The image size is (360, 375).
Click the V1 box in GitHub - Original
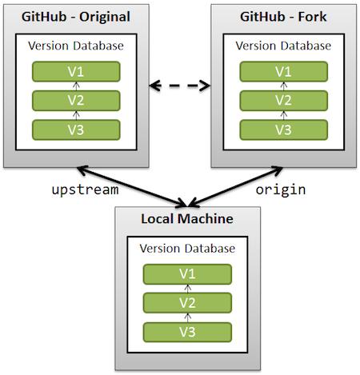tap(75, 72)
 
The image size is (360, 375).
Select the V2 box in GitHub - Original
tap(75, 101)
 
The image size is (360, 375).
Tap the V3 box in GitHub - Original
tap(75, 130)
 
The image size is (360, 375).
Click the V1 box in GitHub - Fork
tap(283, 72)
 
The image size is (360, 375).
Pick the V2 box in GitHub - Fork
tap(283, 101)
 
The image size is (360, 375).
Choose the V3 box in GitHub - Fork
tap(283, 130)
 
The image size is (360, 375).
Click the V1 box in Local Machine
tap(187, 274)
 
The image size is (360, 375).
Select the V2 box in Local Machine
tap(187, 303)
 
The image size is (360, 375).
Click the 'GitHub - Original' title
tap(75, 17)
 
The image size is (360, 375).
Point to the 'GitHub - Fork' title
tap(283, 17)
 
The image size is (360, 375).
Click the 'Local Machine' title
tap(187, 218)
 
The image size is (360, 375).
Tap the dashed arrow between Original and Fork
tap(179, 83)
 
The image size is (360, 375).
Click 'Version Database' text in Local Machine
tap(187, 249)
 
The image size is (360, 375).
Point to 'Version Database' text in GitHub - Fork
tap(283, 46)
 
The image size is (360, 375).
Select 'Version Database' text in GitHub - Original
tap(75, 46)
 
